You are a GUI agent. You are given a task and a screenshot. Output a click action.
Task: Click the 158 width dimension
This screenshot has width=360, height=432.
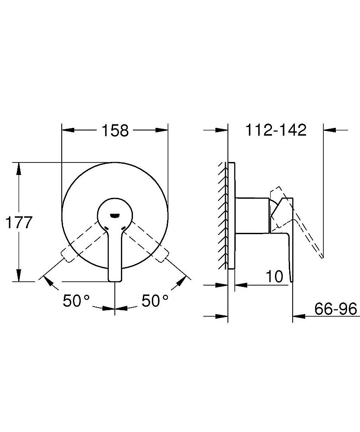[115, 130]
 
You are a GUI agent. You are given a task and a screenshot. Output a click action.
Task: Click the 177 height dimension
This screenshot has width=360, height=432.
[19, 222]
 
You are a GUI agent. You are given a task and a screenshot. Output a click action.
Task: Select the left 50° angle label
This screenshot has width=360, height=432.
[76, 300]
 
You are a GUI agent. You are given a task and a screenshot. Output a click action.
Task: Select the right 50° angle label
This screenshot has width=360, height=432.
[155, 300]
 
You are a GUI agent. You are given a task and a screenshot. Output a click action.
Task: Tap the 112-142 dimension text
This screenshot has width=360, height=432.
[276, 130]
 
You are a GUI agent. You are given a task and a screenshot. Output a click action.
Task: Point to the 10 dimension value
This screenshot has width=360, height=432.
[274, 276]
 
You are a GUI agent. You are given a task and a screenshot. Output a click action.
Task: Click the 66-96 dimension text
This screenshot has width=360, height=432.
[335, 308]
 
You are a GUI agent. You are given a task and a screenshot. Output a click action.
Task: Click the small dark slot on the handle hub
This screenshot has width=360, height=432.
[115, 216]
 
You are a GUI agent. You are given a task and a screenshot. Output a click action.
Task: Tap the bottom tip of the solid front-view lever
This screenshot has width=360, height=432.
[115, 281]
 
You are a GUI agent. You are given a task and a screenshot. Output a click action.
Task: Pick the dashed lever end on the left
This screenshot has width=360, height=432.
[67, 255]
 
